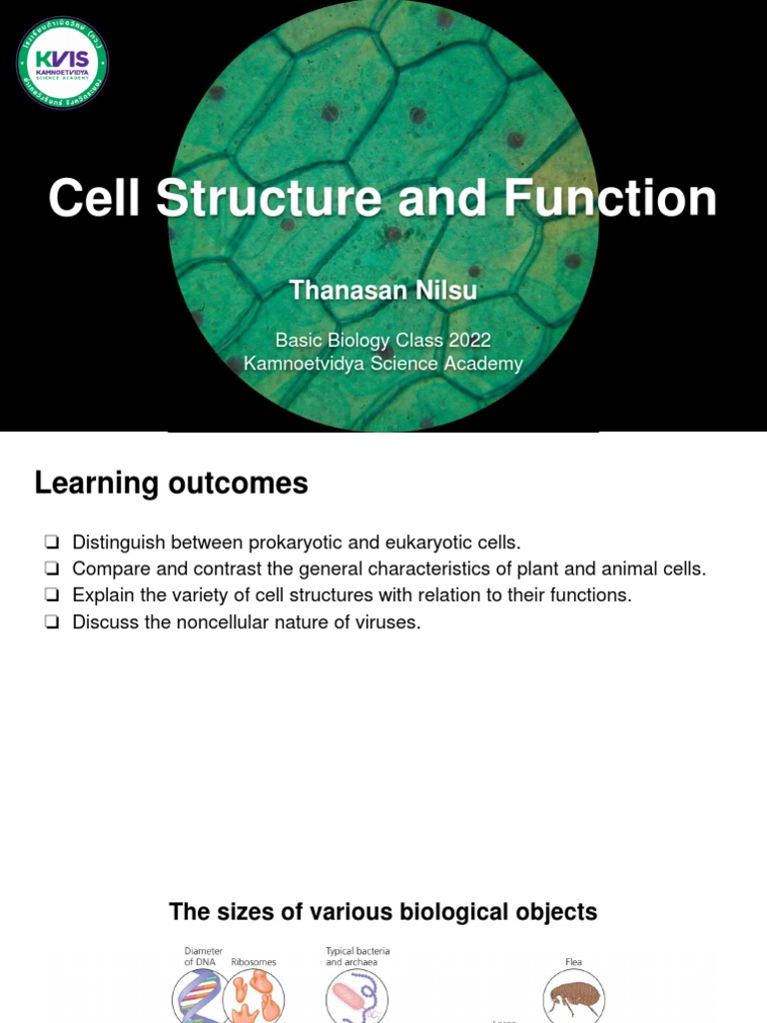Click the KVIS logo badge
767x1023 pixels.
tap(63, 63)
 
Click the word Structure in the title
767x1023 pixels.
tap(269, 198)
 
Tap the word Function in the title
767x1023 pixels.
tap(610, 198)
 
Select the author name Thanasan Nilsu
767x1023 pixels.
tap(383, 291)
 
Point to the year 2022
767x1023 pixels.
tap(469, 340)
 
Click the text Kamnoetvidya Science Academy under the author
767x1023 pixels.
tap(383, 364)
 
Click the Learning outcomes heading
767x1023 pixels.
tap(171, 484)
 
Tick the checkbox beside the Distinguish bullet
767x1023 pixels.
tap(52, 542)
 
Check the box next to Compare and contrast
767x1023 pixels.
tap(52, 569)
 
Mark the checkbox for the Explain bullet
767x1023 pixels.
tap(52, 595)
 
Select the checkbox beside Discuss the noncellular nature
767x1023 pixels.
tap(52, 622)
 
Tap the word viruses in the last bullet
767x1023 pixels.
tap(387, 622)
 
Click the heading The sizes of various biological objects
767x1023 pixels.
tap(383, 912)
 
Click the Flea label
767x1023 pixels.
tap(573, 962)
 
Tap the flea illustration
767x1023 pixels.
tap(573, 998)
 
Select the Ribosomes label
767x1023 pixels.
tap(254, 962)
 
